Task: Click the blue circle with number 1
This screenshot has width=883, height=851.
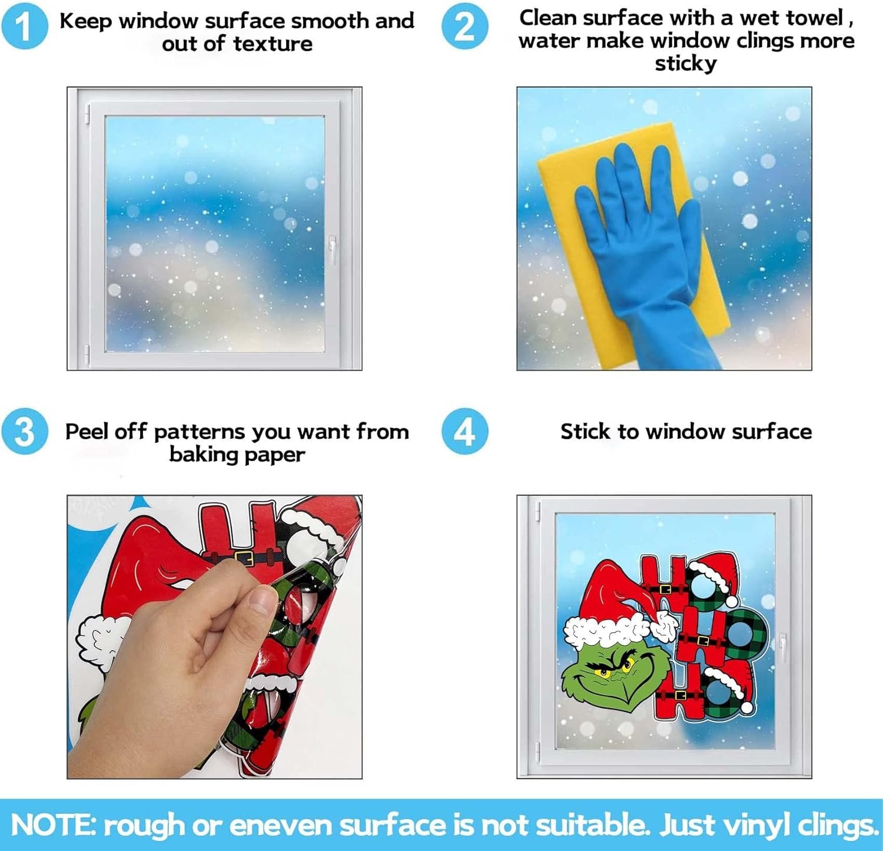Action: tap(24, 27)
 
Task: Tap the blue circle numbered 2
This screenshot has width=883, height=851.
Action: tap(464, 27)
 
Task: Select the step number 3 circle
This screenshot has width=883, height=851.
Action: tap(24, 432)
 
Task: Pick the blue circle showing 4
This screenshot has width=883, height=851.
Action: tap(464, 432)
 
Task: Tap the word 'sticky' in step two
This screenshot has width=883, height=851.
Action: tap(686, 64)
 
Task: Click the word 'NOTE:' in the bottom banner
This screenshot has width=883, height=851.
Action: tap(53, 824)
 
